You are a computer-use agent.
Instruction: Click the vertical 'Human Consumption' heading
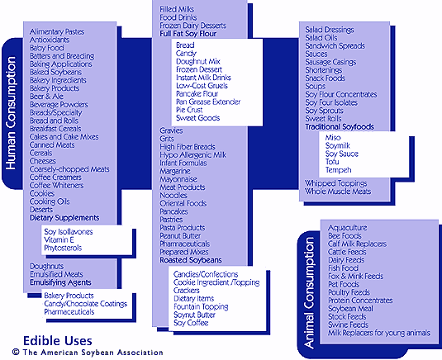pos(11,113)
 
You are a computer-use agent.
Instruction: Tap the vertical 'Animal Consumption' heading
pos(309,293)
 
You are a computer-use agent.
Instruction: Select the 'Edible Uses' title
pos(58,341)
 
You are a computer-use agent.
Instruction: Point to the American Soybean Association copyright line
pos(88,353)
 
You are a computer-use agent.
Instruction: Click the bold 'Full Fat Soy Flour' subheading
pos(188,34)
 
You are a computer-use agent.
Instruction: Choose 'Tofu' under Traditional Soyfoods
pos(332,162)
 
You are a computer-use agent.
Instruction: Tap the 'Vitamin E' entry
pos(59,240)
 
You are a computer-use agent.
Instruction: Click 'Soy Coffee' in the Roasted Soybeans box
pos(191,323)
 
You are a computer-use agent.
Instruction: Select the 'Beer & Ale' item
pos(46,97)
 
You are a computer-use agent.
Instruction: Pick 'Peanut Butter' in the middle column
pos(180,236)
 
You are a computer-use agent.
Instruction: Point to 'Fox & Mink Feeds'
pos(356,276)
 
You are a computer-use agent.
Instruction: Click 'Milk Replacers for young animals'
pos(379,333)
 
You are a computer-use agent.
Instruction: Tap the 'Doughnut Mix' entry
pos(198,61)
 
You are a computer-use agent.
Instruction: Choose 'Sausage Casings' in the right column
pos(330,62)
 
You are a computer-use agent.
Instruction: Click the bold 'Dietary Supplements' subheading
pos(64,218)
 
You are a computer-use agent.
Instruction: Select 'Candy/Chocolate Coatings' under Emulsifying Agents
pos(85,304)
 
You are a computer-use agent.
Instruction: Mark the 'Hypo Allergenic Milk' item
pos(192,155)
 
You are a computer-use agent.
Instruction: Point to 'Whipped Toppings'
pos(336,183)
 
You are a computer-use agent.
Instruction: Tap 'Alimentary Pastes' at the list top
pos(57,32)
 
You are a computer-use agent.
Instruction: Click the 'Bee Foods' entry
pos(345,236)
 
